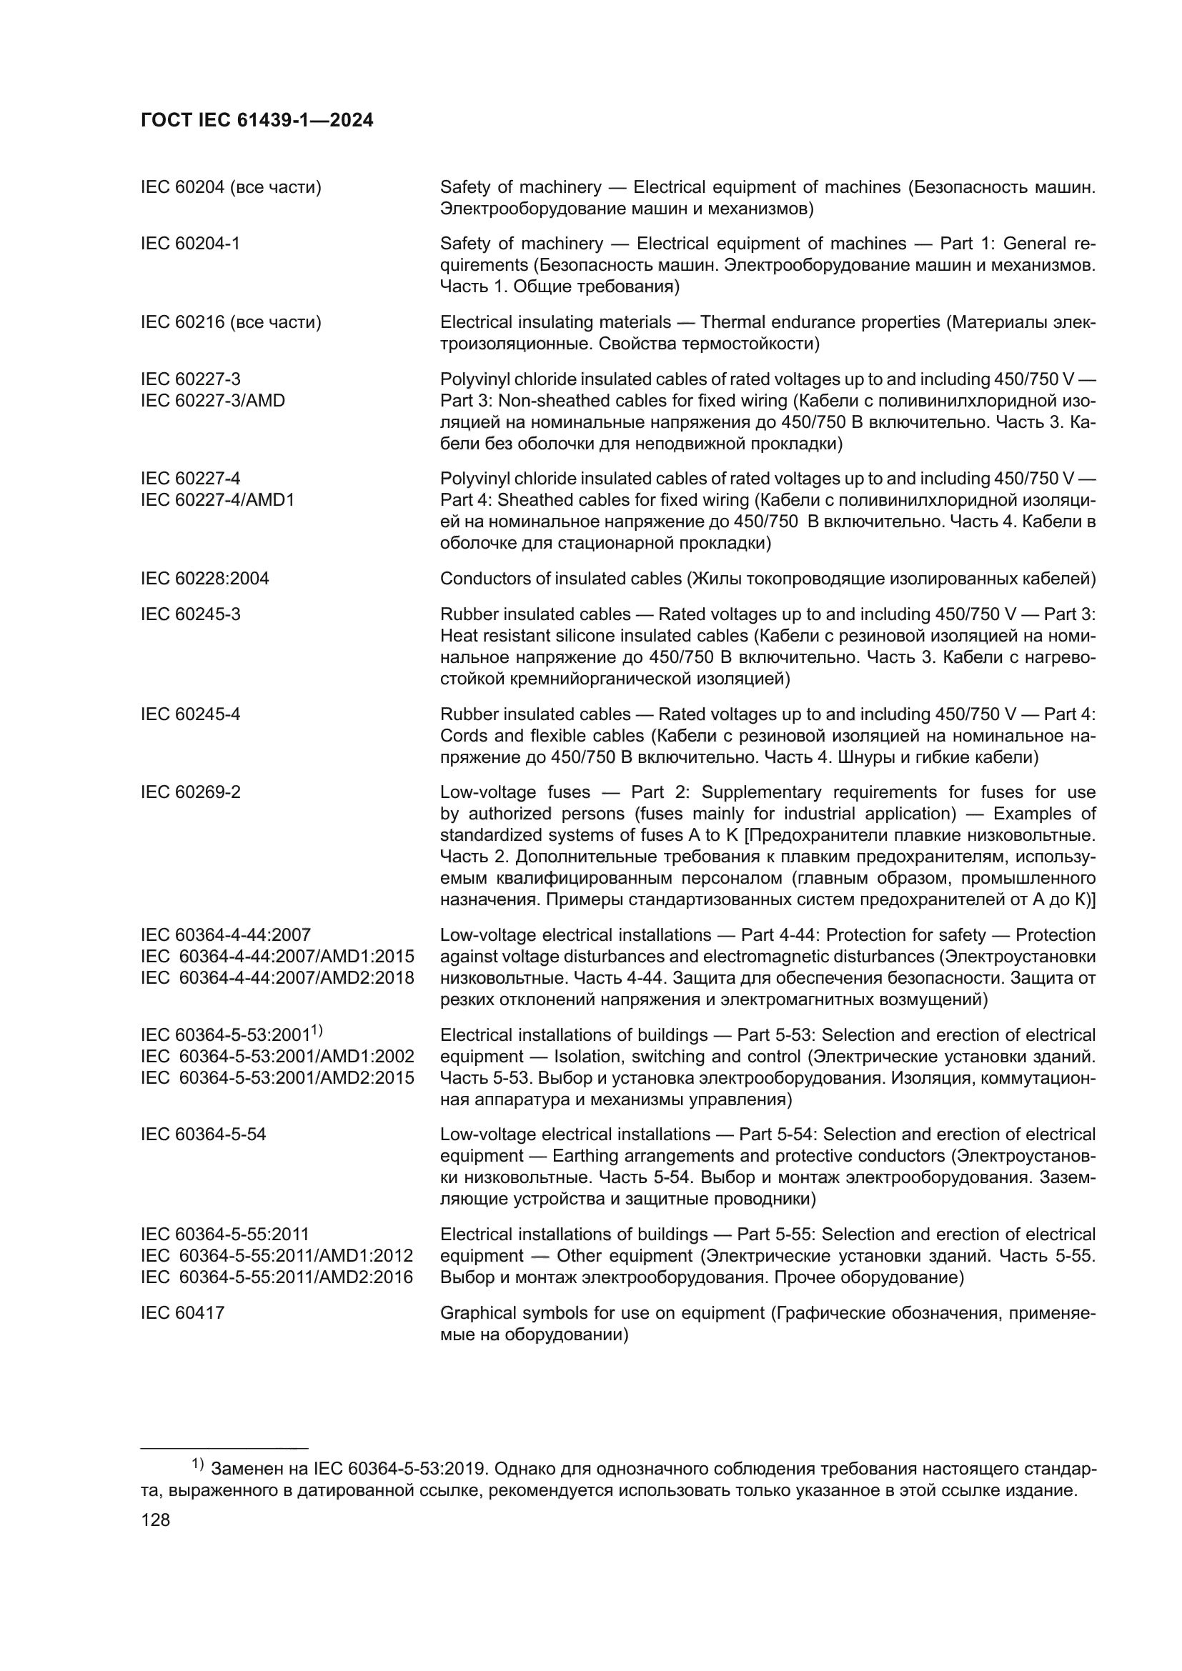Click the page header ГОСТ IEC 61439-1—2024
[257, 121]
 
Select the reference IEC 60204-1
[190, 244]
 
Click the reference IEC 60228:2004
[204, 579]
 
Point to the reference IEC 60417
[183, 1313]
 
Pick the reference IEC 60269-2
[190, 792]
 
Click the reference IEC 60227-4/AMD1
[217, 500]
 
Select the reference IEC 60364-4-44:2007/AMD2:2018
[277, 978]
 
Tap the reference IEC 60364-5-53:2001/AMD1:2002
[277, 1057]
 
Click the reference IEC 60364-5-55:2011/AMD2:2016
[277, 1277]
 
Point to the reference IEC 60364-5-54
[203, 1134]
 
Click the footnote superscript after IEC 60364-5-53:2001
[317, 1030]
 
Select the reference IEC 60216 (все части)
[231, 322]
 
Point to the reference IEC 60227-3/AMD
[212, 400]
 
